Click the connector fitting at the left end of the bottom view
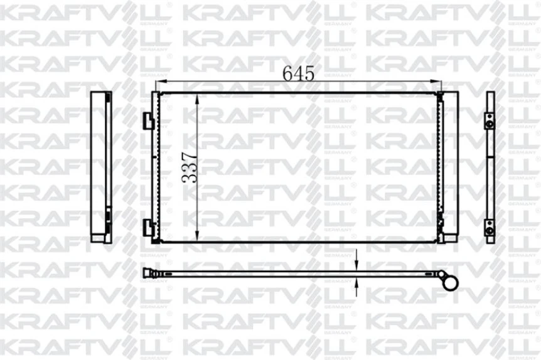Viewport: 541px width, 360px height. tap(149, 273)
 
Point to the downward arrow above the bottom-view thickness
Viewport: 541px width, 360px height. tap(356, 259)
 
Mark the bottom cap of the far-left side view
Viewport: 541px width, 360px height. tap(100, 236)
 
